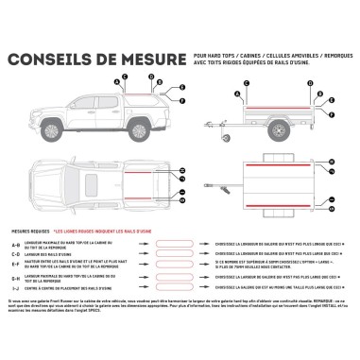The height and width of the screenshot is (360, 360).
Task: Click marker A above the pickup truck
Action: point(117,80)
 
